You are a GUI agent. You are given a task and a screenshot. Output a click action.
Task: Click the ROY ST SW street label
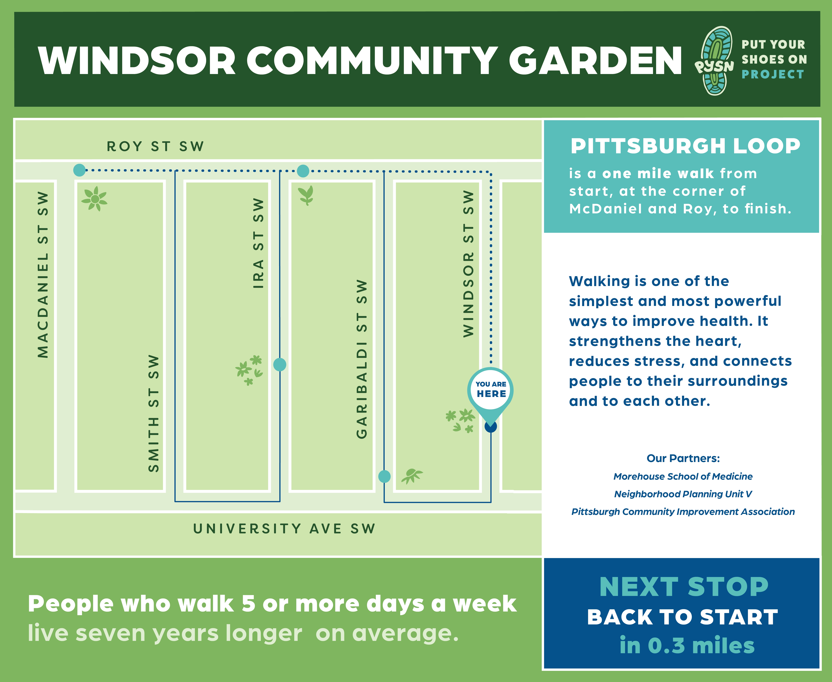click(x=155, y=147)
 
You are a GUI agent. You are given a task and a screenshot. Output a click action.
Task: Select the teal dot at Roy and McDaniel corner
click(x=79, y=170)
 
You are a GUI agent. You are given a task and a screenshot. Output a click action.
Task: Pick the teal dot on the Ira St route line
click(x=280, y=365)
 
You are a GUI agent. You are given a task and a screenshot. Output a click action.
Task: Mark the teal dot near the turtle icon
click(x=384, y=477)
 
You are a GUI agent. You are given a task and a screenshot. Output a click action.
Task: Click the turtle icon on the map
click(x=412, y=475)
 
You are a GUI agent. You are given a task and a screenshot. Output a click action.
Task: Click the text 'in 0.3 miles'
click(x=687, y=645)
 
